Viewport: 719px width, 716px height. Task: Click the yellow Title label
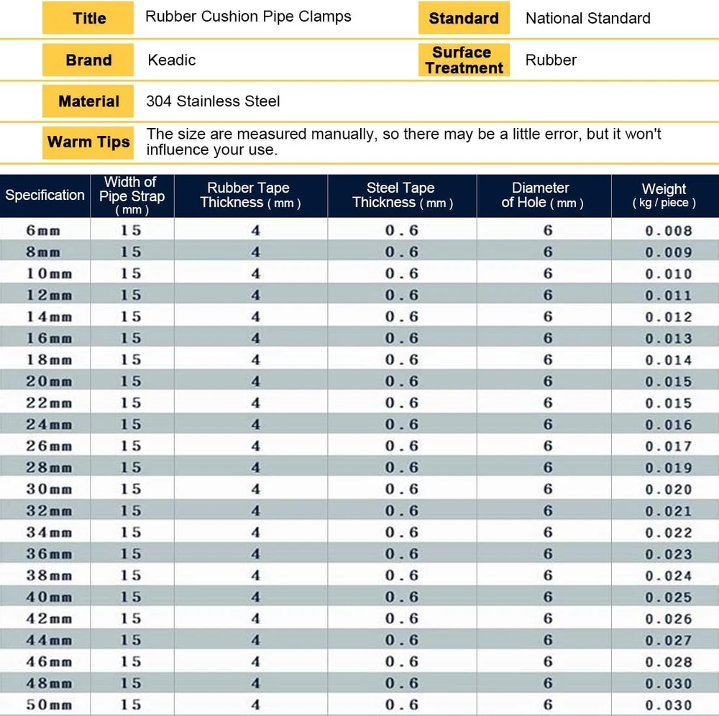[x=88, y=18]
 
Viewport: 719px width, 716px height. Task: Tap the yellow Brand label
[x=88, y=60]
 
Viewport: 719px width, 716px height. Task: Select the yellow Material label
[x=88, y=101]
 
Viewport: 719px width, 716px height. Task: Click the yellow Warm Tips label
[x=88, y=142]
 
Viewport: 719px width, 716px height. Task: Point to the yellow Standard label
[x=464, y=18]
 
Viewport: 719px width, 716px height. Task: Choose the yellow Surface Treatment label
[x=464, y=60]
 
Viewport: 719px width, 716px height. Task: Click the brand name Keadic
[x=172, y=60]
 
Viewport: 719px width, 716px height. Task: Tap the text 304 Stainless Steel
[x=213, y=101]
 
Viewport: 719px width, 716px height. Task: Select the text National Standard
[x=587, y=18]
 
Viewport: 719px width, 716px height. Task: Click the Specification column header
[x=45, y=195]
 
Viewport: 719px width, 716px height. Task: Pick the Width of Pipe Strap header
[x=132, y=195]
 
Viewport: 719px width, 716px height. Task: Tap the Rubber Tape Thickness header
[x=250, y=195]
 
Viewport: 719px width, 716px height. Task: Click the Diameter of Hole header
[x=542, y=195]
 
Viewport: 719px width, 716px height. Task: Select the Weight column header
[x=664, y=195]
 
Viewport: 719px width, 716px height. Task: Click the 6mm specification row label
[x=45, y=230]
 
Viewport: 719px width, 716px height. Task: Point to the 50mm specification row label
[x=49, y=704]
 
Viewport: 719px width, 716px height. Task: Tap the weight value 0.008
[x=668, y=231]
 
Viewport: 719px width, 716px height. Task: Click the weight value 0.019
[x=668, y=468]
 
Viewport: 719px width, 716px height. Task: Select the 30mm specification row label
[x=49, y=489]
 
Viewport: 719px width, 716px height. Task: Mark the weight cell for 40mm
[x=668, y=597]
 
